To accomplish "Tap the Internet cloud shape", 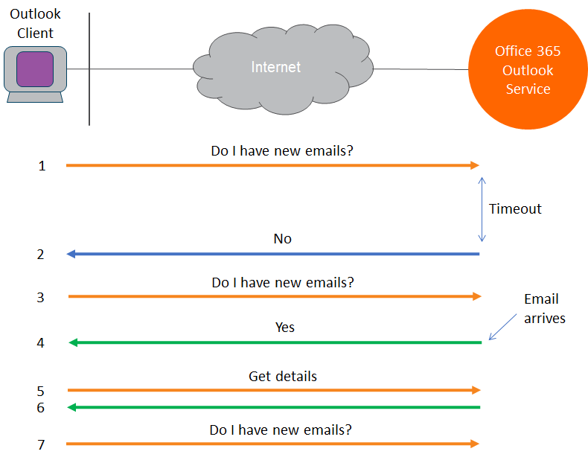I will click(x=281, y=68).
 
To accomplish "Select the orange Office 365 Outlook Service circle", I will click(x=528, y=70).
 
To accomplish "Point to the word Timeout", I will click(x=515, y=209).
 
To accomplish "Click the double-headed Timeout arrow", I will click(x=482, y=209).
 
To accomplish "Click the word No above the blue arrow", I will click(x=283, y=239).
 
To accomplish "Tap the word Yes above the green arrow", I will click(x=285, y=327).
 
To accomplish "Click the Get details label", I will click(x=283, y=376).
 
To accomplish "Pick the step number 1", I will click(x=42, y=166).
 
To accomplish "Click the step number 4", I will click(x=41, y=343).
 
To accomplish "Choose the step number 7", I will click(x=41, y=445).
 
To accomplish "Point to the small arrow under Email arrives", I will click(x=502, y=327).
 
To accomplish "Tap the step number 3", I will click(x=41, y=298).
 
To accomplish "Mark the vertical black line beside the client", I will click(x=89, y=68).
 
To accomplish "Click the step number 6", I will click(x=41, y=408).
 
